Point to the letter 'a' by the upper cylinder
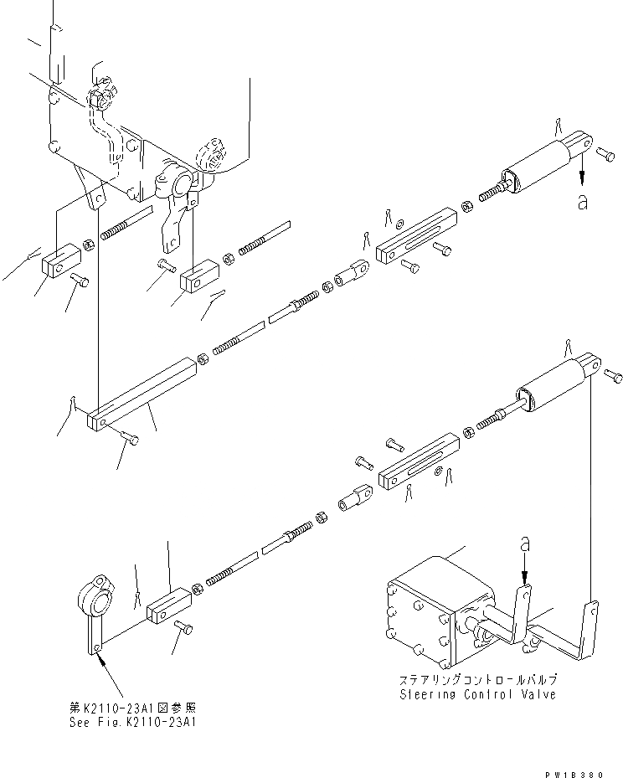pos(582,202)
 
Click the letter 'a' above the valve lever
pos(524,545)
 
